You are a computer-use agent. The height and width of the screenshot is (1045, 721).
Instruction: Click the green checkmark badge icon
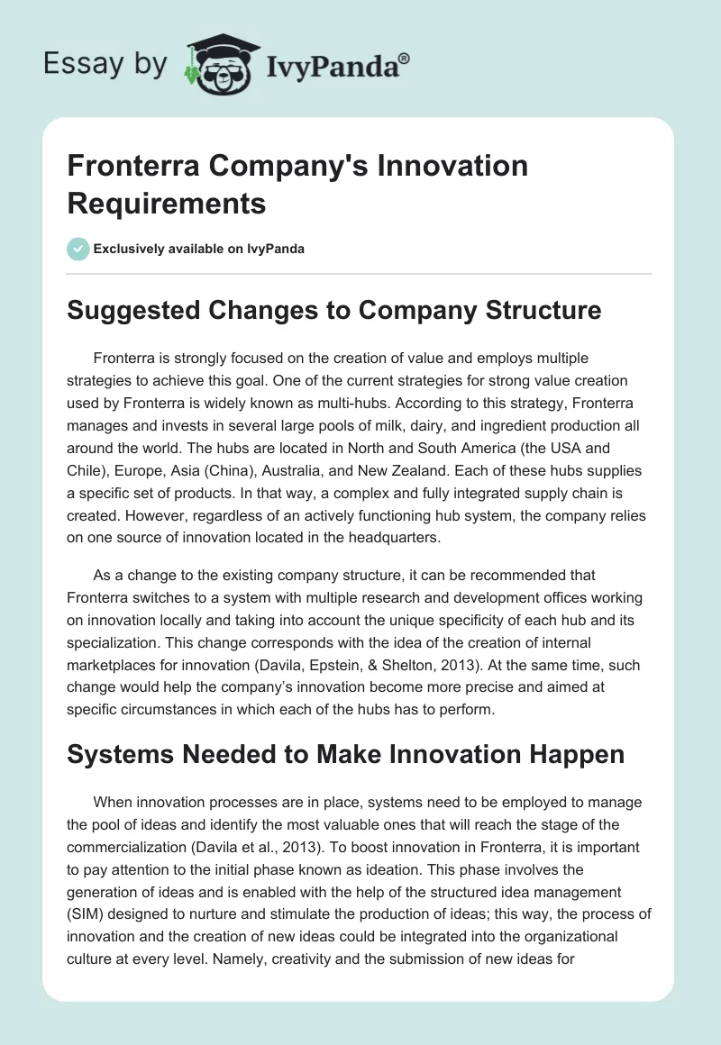pyautogui.click(x=78, y=249)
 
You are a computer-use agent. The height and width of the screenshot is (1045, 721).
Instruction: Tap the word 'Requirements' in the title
pyautogui.click(x=167, y=204)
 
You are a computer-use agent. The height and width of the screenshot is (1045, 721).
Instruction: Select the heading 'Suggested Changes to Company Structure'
pyautogui.click(x=334, y=310)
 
